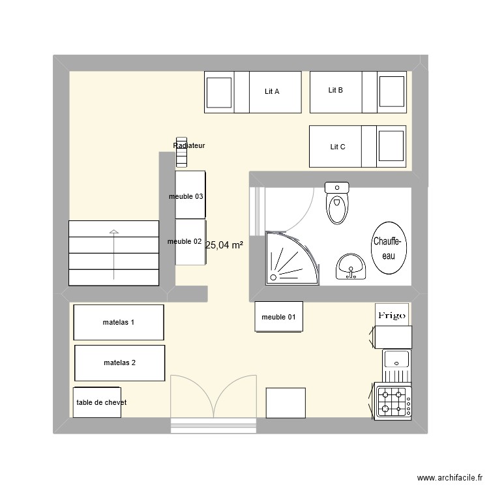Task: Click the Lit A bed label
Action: tap(272, 92)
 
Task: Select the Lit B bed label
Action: tap(336, 91)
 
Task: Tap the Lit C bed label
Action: tap(338, 147)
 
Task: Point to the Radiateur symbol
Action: tap(181, 156)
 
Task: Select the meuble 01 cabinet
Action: tap(278, 318)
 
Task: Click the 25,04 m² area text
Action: tap(224, 245)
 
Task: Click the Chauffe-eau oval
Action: tap(389, 249)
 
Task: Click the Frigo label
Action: tap(392, 316)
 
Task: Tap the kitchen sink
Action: tap(395, 359)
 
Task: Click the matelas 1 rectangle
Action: tap(119, 322)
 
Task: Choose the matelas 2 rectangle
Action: tap(120, 363)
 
